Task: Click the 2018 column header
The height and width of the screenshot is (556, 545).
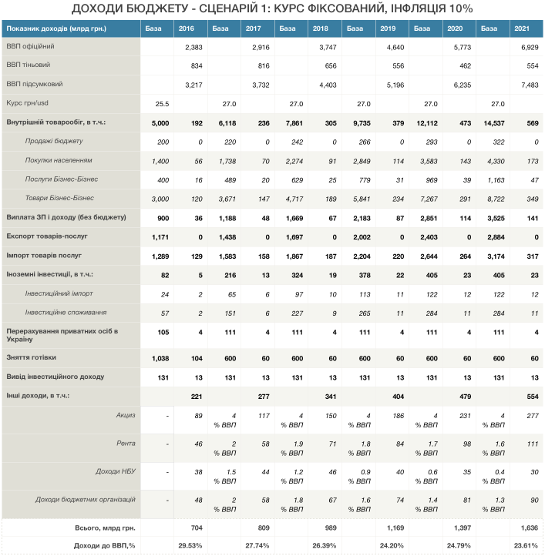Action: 320,28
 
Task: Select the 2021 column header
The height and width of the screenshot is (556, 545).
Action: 522,28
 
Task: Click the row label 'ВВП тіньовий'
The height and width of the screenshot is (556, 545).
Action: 29,65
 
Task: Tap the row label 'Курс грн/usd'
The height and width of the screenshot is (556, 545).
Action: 27,103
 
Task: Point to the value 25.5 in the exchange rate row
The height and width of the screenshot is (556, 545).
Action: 162,104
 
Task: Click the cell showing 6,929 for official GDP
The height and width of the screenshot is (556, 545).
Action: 530,48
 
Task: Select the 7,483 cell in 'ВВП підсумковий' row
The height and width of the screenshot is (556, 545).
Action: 530,85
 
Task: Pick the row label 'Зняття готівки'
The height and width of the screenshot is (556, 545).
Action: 32,357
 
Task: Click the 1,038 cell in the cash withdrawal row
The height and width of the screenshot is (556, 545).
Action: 160,359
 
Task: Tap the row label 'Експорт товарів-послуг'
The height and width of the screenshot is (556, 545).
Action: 47,236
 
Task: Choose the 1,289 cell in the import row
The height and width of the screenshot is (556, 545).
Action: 160,256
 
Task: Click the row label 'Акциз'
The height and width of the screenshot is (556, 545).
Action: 126,415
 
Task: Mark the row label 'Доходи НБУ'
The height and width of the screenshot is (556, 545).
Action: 116,471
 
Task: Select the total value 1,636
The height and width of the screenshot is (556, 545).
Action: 530,528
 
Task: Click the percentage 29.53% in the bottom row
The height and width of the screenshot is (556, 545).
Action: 190,546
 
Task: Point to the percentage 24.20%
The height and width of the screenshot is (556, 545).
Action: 392,546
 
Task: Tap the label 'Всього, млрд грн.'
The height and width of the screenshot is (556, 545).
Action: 105,528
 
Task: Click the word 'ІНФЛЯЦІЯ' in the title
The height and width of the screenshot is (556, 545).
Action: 418,8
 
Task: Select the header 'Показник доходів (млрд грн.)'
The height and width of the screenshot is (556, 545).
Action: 56,28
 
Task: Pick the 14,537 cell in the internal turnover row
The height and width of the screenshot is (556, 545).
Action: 494,123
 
